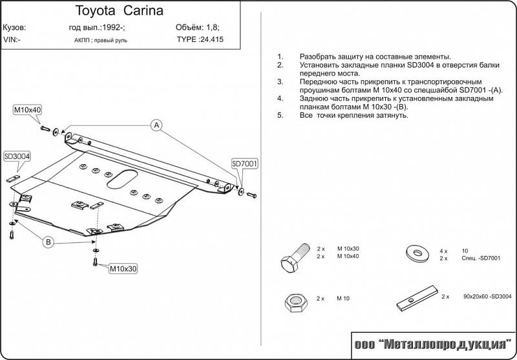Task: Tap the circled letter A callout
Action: pos(156,125)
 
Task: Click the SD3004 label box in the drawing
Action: pos(18,156)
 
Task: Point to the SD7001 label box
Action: pos(245,164)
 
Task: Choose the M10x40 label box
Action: pos(27,111)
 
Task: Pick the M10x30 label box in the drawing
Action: pos(122,268)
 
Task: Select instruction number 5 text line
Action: pos(353,115)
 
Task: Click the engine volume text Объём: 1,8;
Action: pos(198,28)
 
